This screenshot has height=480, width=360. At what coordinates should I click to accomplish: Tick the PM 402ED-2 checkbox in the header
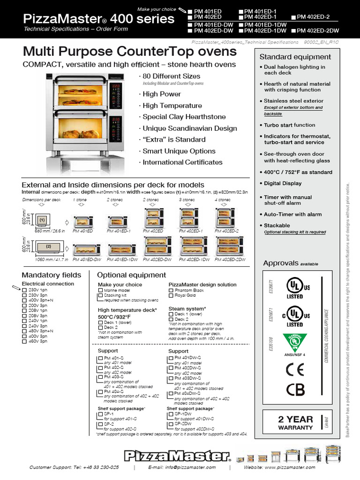(294, 17)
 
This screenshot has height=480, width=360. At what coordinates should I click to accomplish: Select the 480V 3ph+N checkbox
(24, 331)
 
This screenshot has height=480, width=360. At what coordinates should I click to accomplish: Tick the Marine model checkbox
(100, 291)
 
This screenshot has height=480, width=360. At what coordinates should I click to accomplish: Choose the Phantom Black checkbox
(171, 291)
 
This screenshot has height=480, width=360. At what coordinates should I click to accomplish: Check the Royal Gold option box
(171, 296)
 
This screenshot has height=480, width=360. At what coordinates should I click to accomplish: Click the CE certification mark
(294, 369)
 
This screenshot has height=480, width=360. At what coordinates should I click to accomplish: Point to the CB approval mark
(294, 389)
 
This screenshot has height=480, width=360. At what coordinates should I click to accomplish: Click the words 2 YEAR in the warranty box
(295, 420)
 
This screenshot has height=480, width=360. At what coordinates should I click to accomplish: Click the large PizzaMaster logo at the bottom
(178, 455)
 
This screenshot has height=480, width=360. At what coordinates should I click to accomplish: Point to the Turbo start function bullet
(289, 125)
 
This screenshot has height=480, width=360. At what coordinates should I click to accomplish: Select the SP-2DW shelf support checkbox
(171, 423)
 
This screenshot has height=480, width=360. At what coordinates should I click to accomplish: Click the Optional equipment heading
(131, 275)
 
